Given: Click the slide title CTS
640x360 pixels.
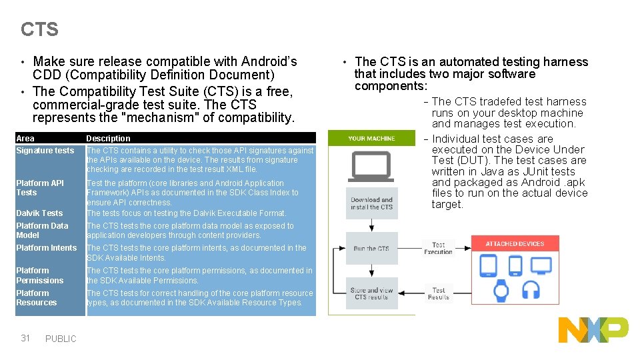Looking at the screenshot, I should click(x=39, y=29).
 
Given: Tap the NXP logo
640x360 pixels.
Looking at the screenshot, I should click(x=593, y=330).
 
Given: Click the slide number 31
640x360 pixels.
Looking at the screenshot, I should click(x=25, y=338).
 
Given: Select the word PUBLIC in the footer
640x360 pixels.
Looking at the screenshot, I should click(x=61, y=339).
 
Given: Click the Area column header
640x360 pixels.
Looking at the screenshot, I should click(x=25, y=139).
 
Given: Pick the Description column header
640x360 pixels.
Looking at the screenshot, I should click(x=108, y=139).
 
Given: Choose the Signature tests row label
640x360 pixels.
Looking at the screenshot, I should click(x=45, y=151).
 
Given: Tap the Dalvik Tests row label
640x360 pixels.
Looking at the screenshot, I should click(x=39, y=213).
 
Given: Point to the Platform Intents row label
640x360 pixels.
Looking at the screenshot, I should click(x=47, y=248).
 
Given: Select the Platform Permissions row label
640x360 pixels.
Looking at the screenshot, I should click(x=40, y=275).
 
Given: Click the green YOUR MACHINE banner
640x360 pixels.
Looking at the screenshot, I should click(x=372, y=139).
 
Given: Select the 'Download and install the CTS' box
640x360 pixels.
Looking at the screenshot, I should click(x=372, y=203).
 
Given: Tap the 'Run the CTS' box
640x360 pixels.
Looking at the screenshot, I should click(x=372, y=249).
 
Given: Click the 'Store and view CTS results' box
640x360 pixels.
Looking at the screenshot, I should click(x=372, y=293).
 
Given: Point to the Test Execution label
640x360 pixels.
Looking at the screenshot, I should click(x=439, y=248).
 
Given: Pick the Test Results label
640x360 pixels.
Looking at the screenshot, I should click(x=439, y=293).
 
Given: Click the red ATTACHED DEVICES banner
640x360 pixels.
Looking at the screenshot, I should click(x=515, y=244).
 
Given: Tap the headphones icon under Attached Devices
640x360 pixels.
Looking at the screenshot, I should click(x=531, y=290).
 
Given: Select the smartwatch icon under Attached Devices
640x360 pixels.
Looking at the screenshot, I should click(x=501, y=290).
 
